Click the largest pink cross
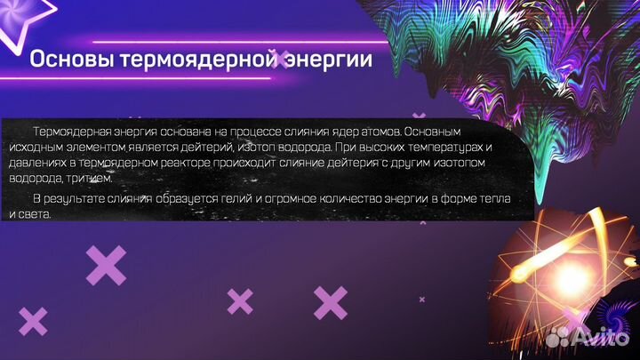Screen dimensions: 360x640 tap(107, 265)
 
